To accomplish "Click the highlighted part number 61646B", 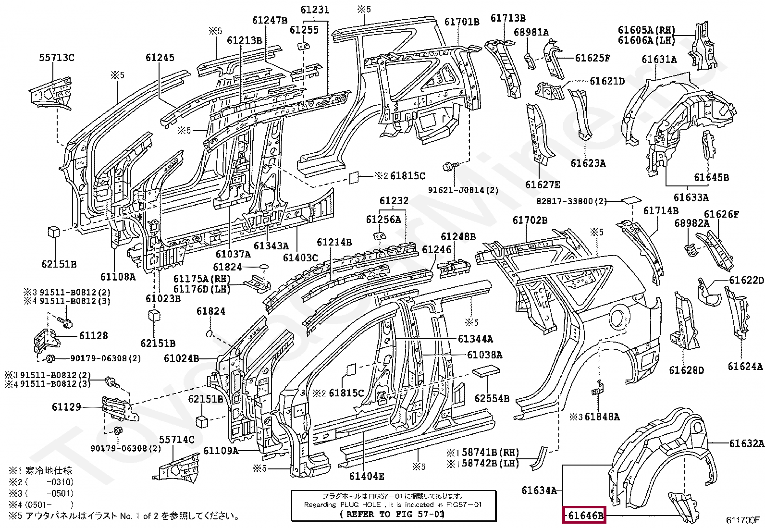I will coord(585,515).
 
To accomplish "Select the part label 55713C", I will coord(57,58).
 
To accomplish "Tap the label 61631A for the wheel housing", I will coord(659,60).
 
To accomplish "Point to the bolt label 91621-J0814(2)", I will coord(463,190).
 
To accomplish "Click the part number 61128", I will coord(93,336).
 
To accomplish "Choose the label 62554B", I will coord(492,398).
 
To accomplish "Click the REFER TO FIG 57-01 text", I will coord(392,514).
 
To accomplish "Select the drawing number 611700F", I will coord(743,520).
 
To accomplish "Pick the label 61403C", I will coord(300,258).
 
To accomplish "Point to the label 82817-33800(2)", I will coord(571,201).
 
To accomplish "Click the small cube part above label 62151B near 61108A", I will coord(53,231).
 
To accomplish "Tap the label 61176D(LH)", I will coord(202,289).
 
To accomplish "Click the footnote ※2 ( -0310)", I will coord(41,482).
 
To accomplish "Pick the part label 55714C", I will coord(177,440).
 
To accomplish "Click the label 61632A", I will coord(746,443).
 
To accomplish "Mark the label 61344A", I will coord(475,339).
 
